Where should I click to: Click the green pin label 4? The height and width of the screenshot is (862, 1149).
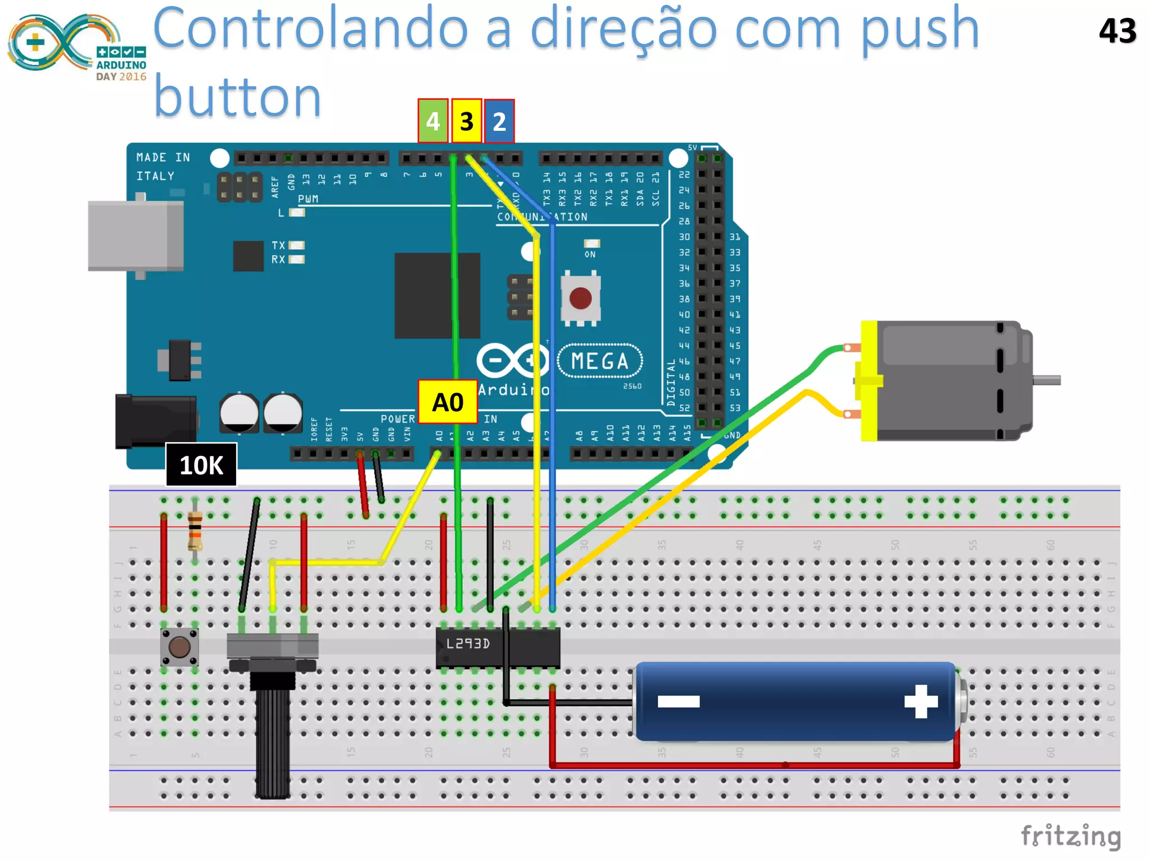point(433,121)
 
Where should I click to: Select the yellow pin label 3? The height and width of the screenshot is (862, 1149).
point(466,121)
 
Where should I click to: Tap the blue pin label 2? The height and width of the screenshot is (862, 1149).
point(499,121)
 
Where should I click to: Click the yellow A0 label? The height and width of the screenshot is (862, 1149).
point(448,402)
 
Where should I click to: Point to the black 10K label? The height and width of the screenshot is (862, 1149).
point(201,465)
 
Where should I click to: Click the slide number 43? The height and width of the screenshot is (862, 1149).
point(1117,31)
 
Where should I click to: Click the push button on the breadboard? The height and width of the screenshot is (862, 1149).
point(180,647)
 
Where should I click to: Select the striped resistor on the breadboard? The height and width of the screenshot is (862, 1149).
point(195,530)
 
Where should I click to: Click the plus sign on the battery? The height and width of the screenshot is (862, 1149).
point(921,701)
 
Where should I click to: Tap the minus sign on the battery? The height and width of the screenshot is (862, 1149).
point(678,701)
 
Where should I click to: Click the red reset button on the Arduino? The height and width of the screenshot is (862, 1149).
point(580,298)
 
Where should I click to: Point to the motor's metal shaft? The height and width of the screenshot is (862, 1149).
point(1046,380)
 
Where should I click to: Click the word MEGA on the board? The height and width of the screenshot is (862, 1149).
point(600,361)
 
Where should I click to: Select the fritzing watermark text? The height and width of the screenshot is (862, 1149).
point(1070,836)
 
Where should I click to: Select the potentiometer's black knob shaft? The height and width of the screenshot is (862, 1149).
point(273,741)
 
